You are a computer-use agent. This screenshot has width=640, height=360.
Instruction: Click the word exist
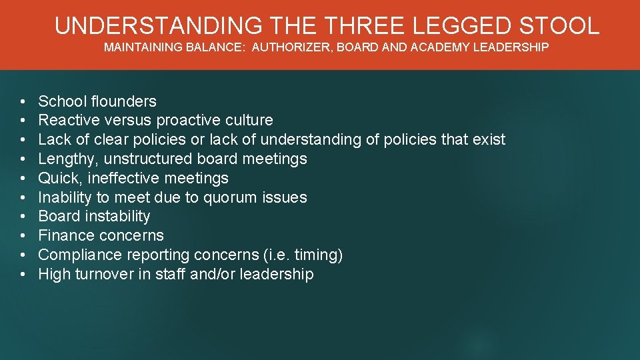[x=488, y=139]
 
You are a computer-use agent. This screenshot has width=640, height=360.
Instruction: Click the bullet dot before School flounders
[x=23, y=102]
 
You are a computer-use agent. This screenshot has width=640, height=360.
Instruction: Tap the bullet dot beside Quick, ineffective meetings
[x=23, y=179]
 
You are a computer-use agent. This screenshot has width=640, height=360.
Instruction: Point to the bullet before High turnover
[x=23, y=275]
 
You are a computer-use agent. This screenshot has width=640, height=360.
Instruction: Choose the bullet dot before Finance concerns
[x=23, y=236]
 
